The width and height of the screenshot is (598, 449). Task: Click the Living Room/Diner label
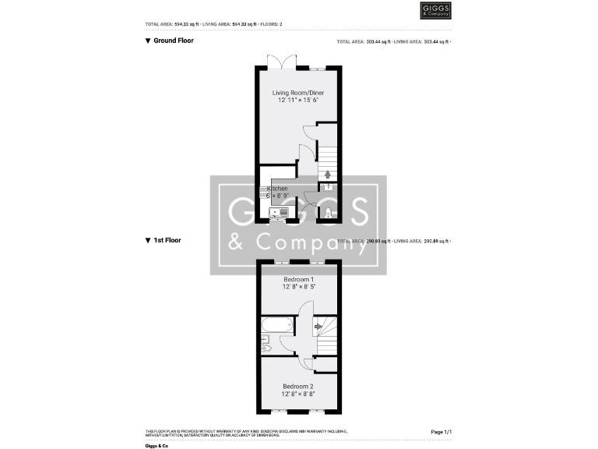tap(298, 94)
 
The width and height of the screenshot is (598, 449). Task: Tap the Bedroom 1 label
tap(298, 279)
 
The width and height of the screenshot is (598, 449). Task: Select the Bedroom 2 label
tap(298, 387)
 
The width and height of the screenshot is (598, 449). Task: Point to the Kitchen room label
tap(280, 189)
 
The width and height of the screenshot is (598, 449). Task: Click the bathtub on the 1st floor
tap(277, 324)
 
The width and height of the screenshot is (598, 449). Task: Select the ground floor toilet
tap(328, 214)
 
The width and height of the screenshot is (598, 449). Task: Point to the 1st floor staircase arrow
tap(318, 327)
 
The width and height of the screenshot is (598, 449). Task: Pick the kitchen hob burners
tap(264, 192)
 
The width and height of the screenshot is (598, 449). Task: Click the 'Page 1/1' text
tap(441, 431)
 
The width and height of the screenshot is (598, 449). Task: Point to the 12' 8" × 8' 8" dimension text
tap(298, 394)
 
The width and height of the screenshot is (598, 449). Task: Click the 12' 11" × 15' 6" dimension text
tap(298, 101)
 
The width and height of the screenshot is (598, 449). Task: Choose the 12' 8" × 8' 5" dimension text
tap(298, 287)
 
